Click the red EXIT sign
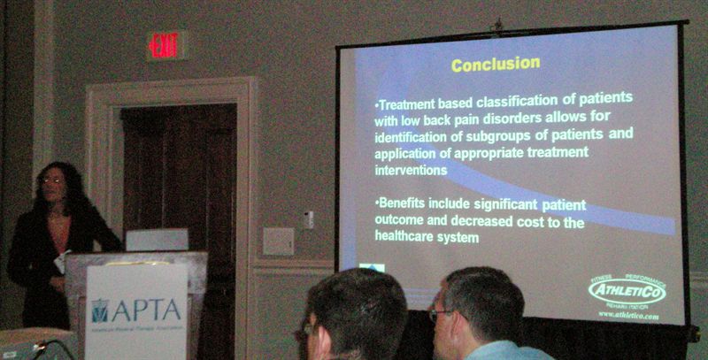coord(165,45)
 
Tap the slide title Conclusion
coord(496,64)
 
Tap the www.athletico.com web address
coord(628,315)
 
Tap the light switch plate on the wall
coord(277,241)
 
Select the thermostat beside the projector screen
coord(308,219)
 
